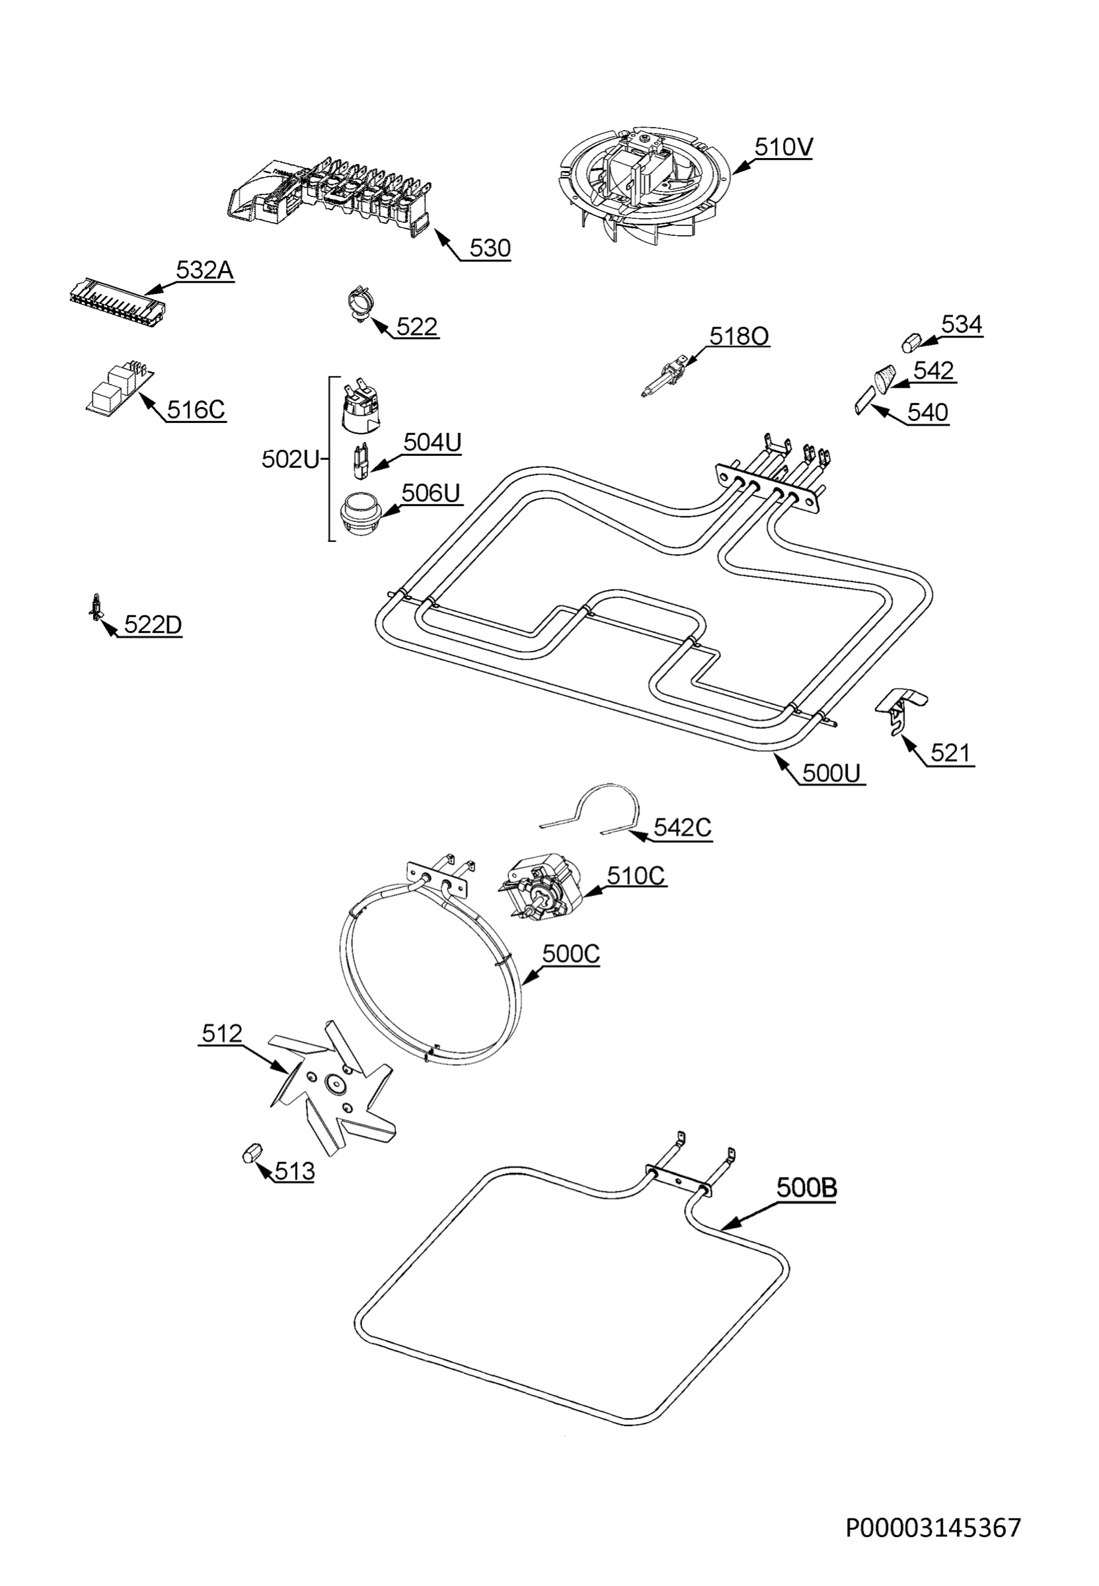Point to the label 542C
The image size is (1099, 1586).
coord(683,827)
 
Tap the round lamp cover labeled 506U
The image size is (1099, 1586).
coord(360,513)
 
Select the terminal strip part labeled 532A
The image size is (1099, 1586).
coord(118,302)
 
